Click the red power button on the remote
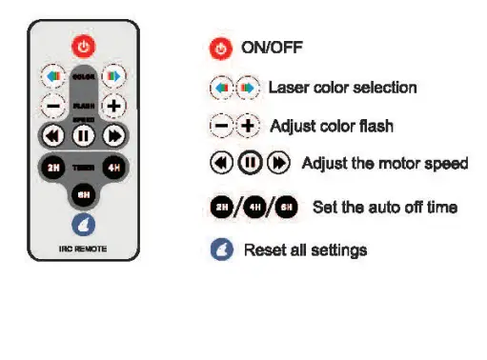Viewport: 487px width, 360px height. pyautogui.click(x=84, y=45)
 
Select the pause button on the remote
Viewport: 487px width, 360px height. pyautogui.click(x=84, y=135)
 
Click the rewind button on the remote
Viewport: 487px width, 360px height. pyautogui.click(x=53, y=135)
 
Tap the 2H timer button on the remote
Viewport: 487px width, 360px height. pyautogui.click(x=52, y=168)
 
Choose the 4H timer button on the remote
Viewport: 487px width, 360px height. pyautogui.click(x=114, y=168)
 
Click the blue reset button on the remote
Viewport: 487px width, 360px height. pyautogui.click(x=84, y=226)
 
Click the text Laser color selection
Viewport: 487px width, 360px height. pyautogui.click(x=342, y=88)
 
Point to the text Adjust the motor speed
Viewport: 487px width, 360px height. pyautogui.click(x=384, y=164)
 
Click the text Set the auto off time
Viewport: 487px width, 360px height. pyautogui.click(x=384, y=207)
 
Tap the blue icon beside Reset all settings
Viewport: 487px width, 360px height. pyautogui.click(x=221, y=250)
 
